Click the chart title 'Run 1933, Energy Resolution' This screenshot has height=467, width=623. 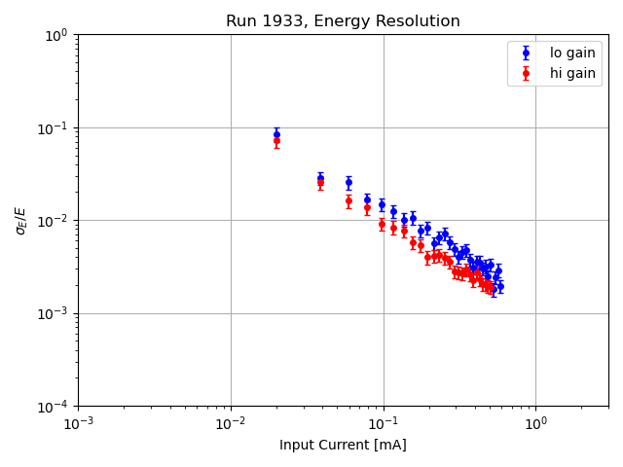click(x=343, y=21)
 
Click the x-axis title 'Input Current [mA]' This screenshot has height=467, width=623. click(x=343, y=445)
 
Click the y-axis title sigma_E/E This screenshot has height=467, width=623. click(x=21, y=220)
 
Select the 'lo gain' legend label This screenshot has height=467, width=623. click(x=572, y=54)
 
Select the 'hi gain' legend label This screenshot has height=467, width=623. click(x=572, y=73)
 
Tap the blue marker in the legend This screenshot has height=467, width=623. click(x=527, y=54)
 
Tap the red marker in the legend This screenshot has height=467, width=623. click(x=527, y=73)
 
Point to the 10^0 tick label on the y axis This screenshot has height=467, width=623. click(x=56, y=35)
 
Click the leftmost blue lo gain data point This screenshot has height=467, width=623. click(x=276, y=133)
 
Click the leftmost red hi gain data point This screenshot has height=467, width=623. click(x=276, y=141)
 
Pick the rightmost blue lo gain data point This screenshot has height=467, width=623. click(x=500, y=286)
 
